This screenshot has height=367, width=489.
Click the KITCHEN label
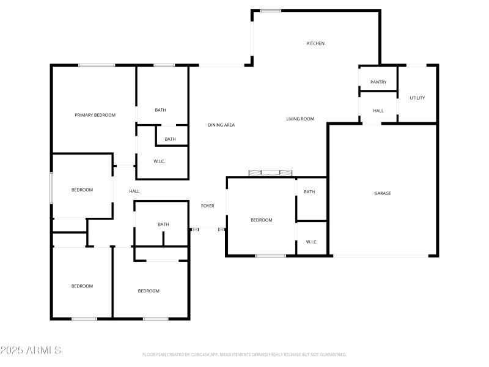point(315,43)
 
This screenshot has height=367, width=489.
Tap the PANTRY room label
point(378,82)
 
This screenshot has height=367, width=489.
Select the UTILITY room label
point(417,98)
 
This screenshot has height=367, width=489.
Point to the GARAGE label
point(383,193)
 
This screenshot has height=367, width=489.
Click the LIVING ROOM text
point(300,119)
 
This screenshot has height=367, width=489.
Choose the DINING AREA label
point(221,125)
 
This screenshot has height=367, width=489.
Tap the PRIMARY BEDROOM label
point(95,115)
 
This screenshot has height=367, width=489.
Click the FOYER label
point(208,206)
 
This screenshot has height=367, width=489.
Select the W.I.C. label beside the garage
point(311,242)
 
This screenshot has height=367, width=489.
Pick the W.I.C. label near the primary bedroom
point(160,161)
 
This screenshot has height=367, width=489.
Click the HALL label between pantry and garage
point(378,111)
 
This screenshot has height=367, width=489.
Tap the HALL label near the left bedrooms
point(134,191)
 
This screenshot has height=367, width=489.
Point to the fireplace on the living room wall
point(270,172)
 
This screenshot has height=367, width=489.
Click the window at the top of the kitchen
point(270,10)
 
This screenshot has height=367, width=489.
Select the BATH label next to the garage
point(309,192)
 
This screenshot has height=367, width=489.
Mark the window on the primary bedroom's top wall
point(97,65)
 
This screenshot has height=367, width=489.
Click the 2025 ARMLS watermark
point(31,350)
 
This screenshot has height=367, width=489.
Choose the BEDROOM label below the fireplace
point(262,220)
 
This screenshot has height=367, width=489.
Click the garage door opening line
point(382,256)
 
